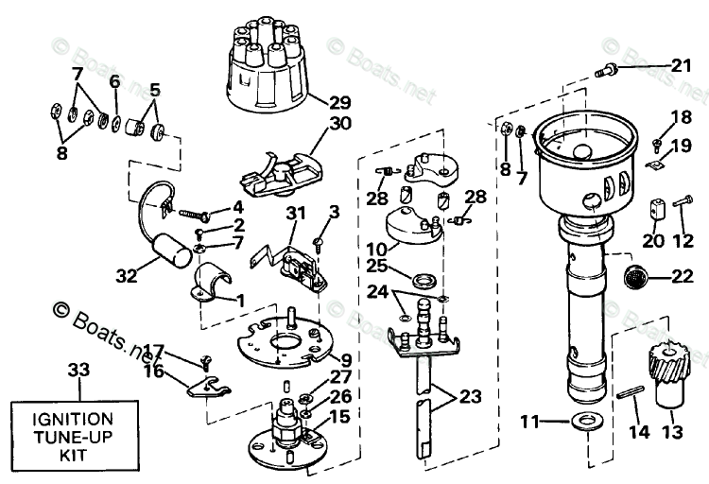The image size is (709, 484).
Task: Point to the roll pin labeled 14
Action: tap(630, 391)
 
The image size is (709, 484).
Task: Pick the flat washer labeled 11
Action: tap(586, 421)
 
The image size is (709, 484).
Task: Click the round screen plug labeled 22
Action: tap(635, 276)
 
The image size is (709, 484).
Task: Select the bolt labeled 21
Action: tap(606, 71)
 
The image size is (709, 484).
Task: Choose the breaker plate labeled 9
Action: tap(285, 341)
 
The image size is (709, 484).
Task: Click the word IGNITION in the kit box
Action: tap(73, 419)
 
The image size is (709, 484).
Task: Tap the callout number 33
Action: tap(78, 370)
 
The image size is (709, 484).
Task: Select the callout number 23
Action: tap(471, 396)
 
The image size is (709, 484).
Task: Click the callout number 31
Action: tap(296, 213)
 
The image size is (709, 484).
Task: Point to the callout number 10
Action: tap(376, 249)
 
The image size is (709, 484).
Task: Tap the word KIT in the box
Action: tap(73, 455)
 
